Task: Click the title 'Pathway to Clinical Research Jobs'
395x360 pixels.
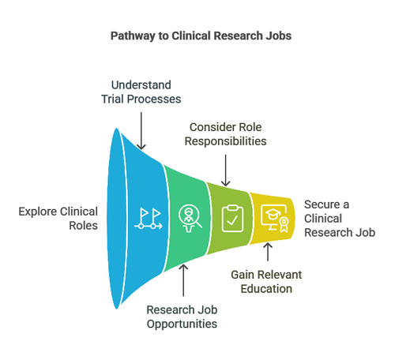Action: point(197,35)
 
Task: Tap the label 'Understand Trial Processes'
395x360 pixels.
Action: point(141,91)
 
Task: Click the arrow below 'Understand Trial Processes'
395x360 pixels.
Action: point(141,128)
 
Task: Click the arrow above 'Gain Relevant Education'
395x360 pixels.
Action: point(268,253)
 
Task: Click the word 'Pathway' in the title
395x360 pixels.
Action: point(134,35)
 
